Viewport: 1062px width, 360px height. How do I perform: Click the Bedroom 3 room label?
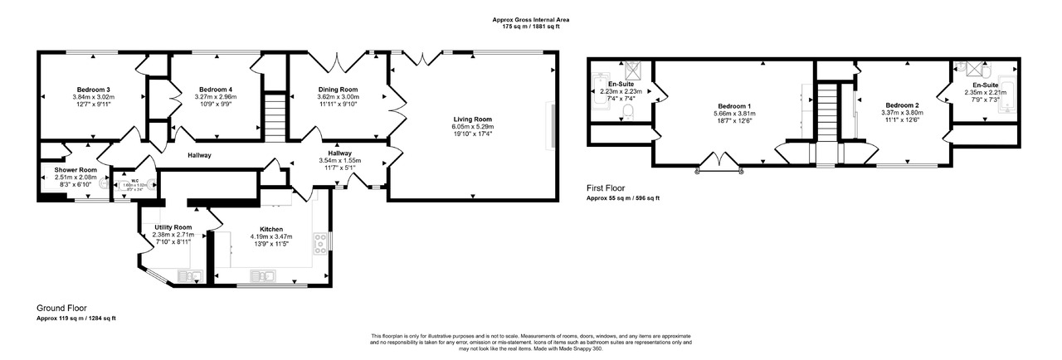pyautogui.click(x=94, y=90)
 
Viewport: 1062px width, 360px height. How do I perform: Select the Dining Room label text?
pyautogui.click(x=338, y=90)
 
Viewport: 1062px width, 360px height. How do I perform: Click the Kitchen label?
pyautogui.click(x=271, y=229)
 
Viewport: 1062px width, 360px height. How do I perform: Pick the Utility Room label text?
pyautogui.click(x=172, y=227)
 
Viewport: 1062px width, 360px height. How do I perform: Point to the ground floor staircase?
pyautogui.click(x=274, y=116)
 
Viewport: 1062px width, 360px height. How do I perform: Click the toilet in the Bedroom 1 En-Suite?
pyautogui.click(x=628, y=112)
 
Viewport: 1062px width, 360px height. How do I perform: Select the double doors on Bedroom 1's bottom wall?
pyautogui.click(x=719, y=160)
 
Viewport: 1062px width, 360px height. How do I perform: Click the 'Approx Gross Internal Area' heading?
pyautogui.click(x=530, y=20)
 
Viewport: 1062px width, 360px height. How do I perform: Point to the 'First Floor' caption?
pyautogui.click(x=606, y=188)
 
